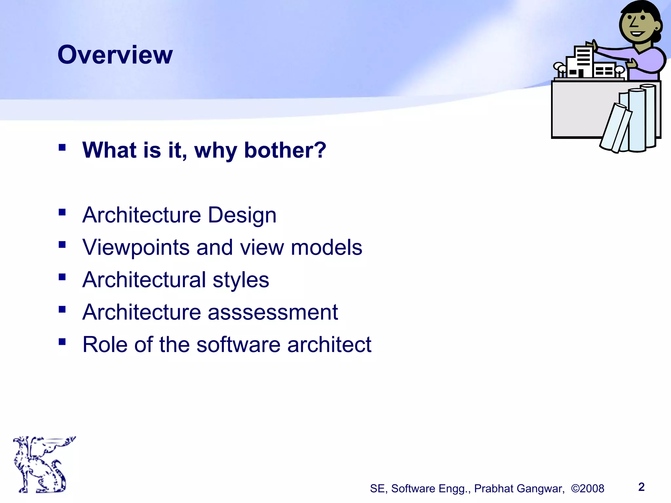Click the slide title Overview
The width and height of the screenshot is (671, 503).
coord(115,55)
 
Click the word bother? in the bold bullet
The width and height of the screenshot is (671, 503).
coord(285,150)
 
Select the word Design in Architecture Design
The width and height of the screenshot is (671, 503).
coord(242,215)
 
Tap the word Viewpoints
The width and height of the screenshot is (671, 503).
coord(136,248)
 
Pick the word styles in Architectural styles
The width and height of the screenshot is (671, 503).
coord(241,280)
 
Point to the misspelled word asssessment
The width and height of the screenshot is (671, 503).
coord(273,312)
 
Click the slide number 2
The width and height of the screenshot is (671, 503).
coord(642,487)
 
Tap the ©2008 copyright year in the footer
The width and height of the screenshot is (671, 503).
coord(587,489)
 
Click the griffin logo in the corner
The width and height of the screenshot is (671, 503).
coord(43,464)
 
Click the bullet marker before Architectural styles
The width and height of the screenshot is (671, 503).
coord(62,277)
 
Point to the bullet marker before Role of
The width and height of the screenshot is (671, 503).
coord(62,342)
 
